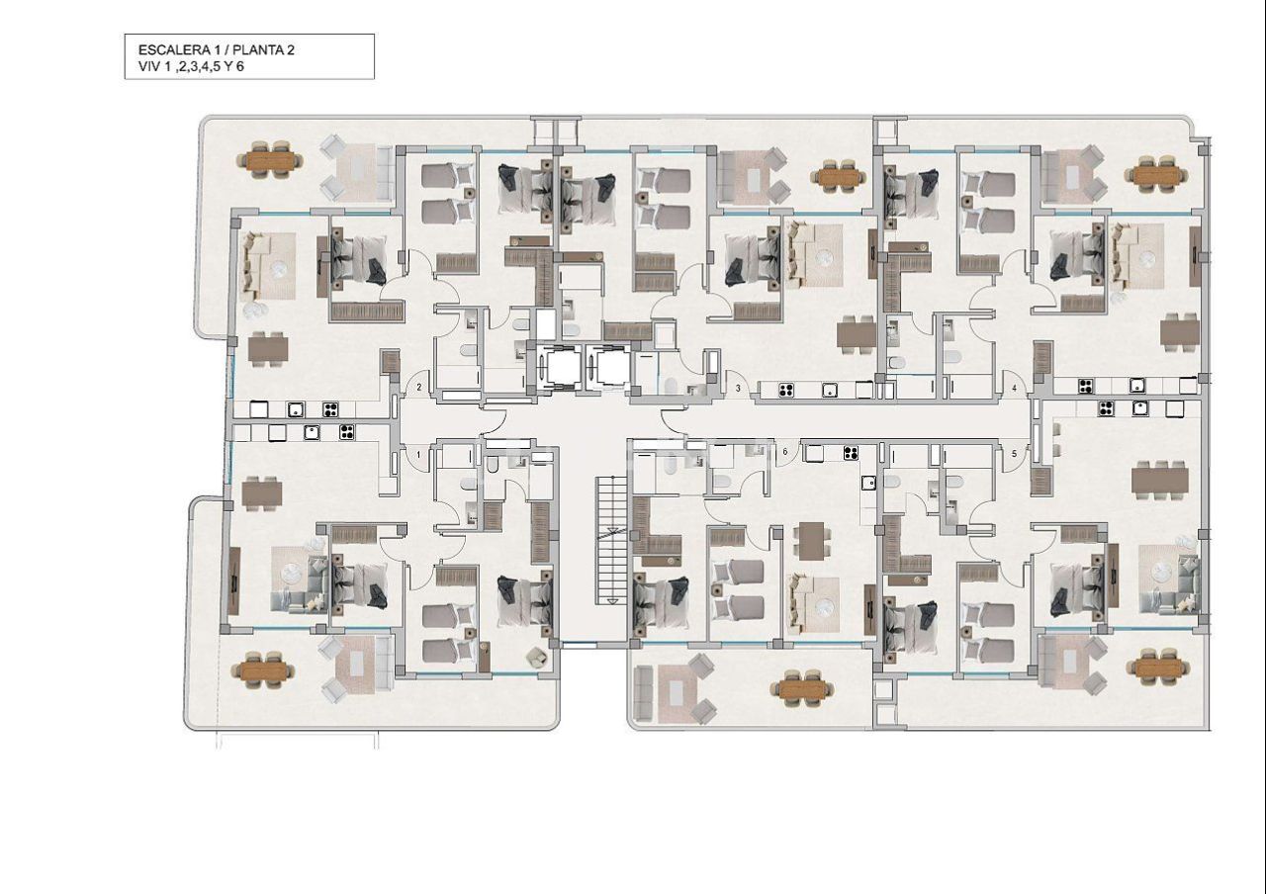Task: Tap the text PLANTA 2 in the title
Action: pyautogui.click(x=260, y=49)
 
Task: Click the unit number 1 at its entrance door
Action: pyautogui.click(x=419, y=454)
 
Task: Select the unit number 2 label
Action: pyautogui.click(x=419, y=388)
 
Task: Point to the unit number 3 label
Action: pyautogui.click(x=738, y=389)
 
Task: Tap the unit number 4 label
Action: pyautogui.click(x=1014, y=388)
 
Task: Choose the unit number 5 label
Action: pyautogui.click(x=1014, y=454)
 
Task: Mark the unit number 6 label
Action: pyautogui.click(x=785, y=452)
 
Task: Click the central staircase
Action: pyautogui.click(x=612, y=539)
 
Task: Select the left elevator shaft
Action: pyautogui.click(x=560, y=367)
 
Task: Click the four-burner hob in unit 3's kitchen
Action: pyautogui.click(x=788, y=390)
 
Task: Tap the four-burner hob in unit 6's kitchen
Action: pyautogui.click(x=850, y=454)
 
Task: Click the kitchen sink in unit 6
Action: pyautogui.click(x=868, y=484)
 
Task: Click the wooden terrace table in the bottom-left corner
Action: pyautogui.click(x=264, y=670)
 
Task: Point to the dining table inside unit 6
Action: pyautogui.click(x=813, y=540)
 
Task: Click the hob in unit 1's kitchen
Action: pyautogui.click(x=346, y=431)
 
